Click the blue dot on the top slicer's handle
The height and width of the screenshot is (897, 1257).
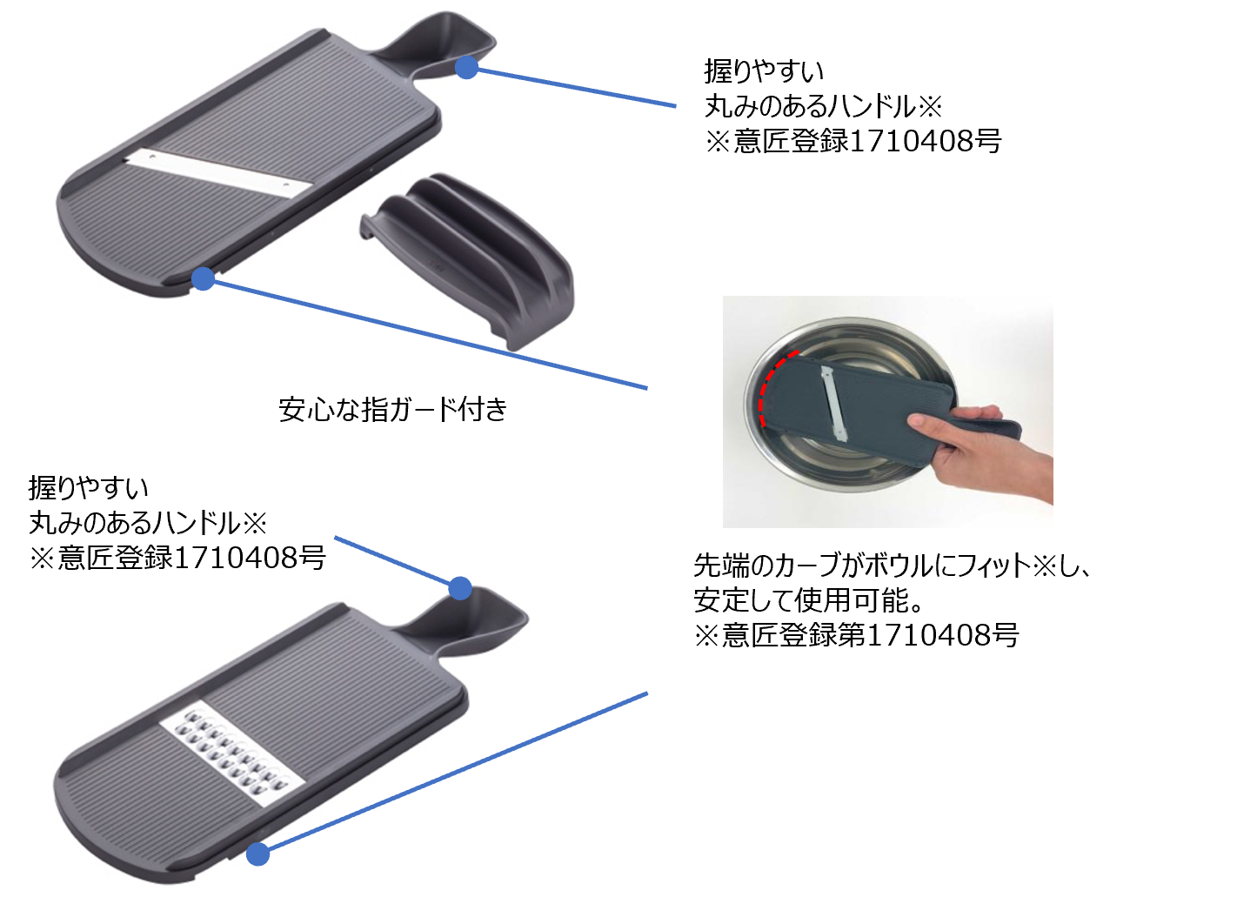[467, 67]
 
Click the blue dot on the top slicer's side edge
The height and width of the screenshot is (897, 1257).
[203, 278]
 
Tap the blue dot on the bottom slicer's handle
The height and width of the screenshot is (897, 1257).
[460, 588]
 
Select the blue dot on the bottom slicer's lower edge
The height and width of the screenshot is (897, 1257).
[257, 854]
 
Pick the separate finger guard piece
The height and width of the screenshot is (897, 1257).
[470, 257]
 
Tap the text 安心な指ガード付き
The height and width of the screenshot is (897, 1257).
[392, 409]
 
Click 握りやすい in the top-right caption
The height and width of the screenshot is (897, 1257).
[764, 70]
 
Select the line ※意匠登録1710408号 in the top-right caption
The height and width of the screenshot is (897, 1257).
[852, 141]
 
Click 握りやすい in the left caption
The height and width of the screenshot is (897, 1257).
[89, 487]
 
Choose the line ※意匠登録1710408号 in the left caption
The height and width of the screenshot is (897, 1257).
[177, 558]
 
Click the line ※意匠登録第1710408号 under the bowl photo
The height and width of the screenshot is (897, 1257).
[856, 635]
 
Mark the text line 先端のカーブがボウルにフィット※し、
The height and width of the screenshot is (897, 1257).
[892, 566]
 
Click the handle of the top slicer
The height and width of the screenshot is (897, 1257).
[435, 44]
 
